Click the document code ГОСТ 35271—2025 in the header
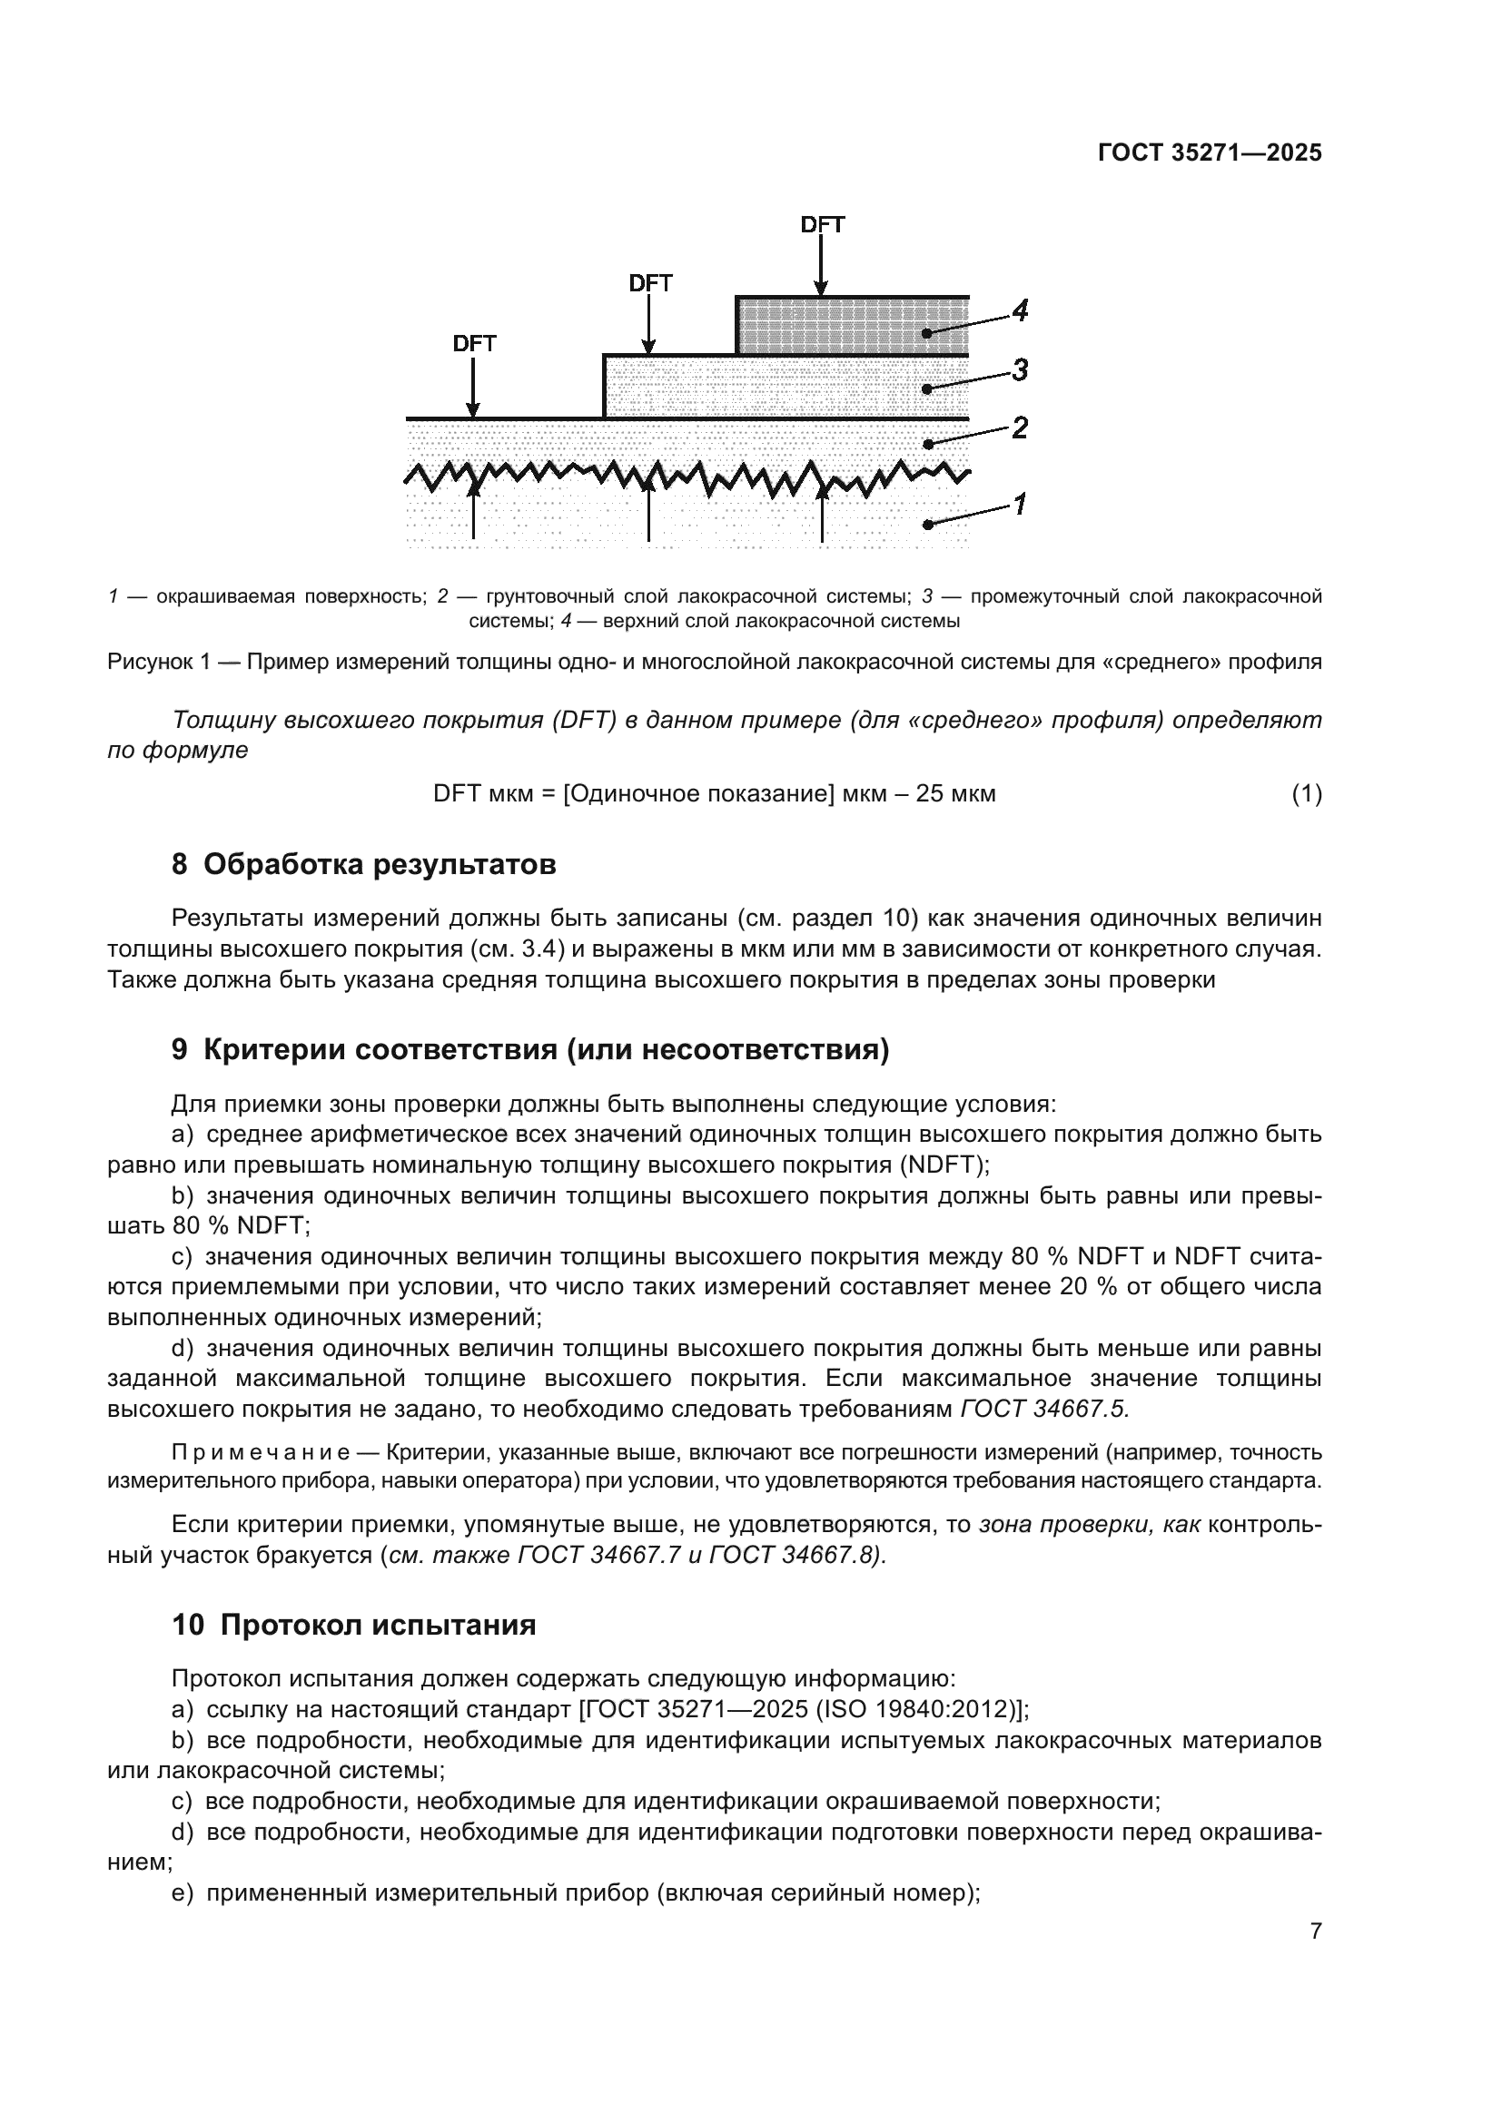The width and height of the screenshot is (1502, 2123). [x=1210, y=153]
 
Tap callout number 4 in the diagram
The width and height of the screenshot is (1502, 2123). [x=1019, y=311]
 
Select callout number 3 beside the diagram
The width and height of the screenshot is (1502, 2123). [x=1019, y=371]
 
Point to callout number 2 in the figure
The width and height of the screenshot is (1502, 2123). [x=1019, y=428]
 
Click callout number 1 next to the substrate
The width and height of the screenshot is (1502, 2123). [x=1019, y=505]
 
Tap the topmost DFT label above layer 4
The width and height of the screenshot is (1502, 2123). [x=822, y=225]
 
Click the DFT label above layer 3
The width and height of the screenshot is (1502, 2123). [x=650, y=284]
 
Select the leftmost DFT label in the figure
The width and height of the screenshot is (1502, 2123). [x=474, y=344]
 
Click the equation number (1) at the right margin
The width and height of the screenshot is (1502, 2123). [x=1306, y=793]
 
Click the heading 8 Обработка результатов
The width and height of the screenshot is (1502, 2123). [x=364, y=865]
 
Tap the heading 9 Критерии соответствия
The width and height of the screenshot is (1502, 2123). [x=530, y=1049]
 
